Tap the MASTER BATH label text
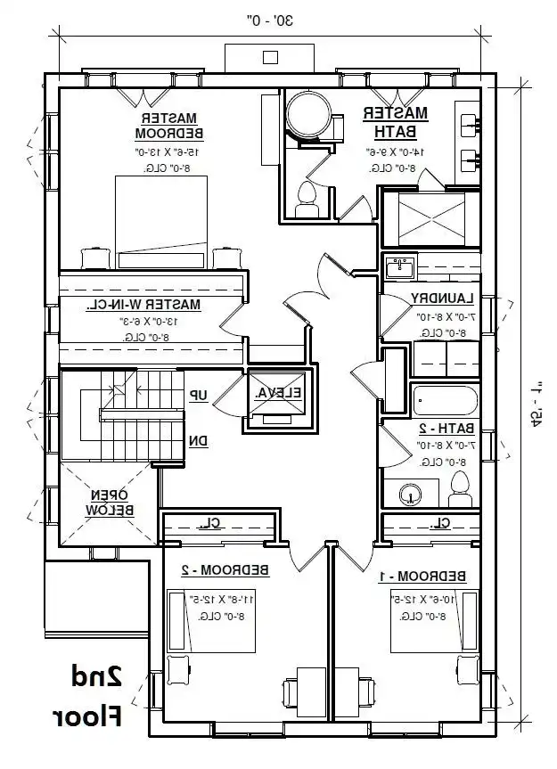point(395,122)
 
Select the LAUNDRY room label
point(439,299)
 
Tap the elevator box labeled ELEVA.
point(279,393)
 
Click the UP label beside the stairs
point(198,395)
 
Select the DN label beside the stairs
point(198,440)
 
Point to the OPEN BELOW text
point(110,503)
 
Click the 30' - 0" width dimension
point(271,17)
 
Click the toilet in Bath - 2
point(459,488)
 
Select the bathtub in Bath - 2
point(445,398)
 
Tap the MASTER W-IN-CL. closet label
point(143,305)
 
